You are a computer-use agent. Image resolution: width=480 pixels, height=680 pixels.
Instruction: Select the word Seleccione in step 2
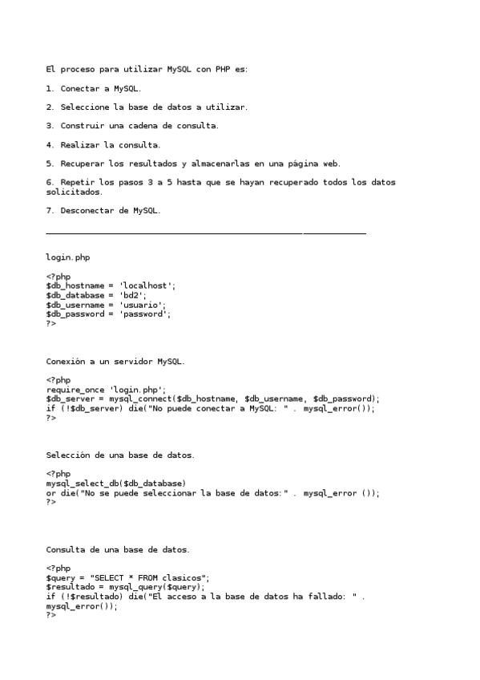click(x=84, y=107)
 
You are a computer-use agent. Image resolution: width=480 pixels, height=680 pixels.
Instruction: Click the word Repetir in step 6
click(x=77, y=182)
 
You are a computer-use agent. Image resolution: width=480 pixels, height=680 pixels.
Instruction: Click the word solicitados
click(x=74, y=192)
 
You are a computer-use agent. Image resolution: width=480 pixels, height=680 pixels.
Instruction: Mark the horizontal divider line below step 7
click(x=206, y=233)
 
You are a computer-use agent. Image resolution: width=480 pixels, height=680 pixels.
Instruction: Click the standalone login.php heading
click(x=67, y=257)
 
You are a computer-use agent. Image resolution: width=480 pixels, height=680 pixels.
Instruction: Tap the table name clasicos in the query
click(x=184, y=577)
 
